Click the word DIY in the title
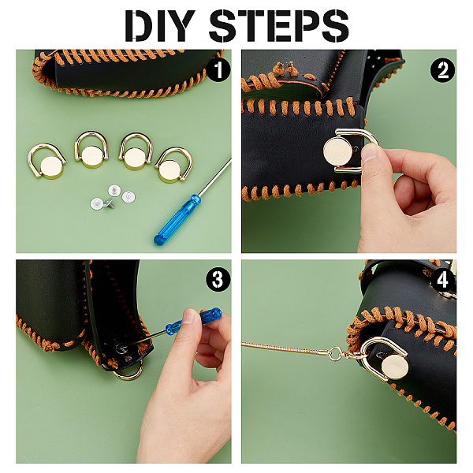tap(159, 26)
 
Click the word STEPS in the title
tap(279, 26)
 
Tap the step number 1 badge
tap(218, 69)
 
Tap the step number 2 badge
tap(442, 70)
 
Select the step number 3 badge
tap(218, 280)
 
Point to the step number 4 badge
tap(442, 280)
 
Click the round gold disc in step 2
tap(338, 150)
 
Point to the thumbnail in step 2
tap(369, 151)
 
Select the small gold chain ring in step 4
tap(336, 353)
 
